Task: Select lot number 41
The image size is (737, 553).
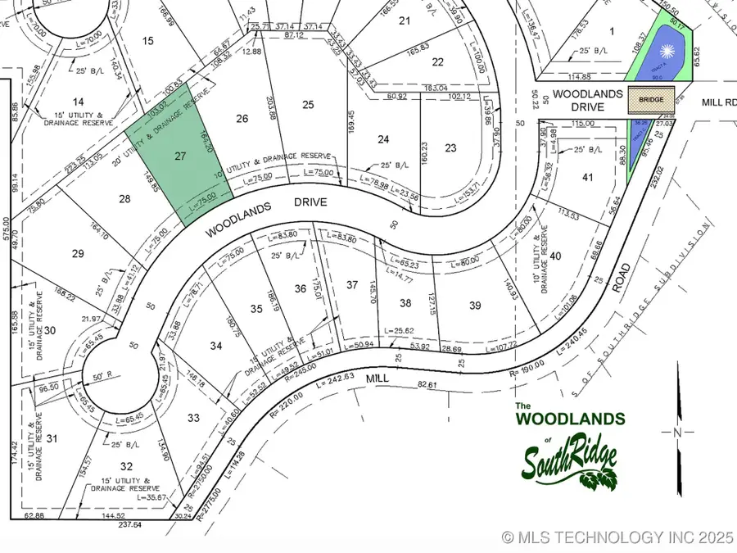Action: (x=586, y=177)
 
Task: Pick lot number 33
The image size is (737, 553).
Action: (x=193, y=418)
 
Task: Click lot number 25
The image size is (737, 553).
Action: (x=308, y=104)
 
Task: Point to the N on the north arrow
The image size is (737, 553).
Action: (x=676, y=432)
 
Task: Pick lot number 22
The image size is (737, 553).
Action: (x=438, y=62)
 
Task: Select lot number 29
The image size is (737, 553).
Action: (x=78, y=254)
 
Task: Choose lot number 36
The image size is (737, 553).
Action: (x=301, y=288)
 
